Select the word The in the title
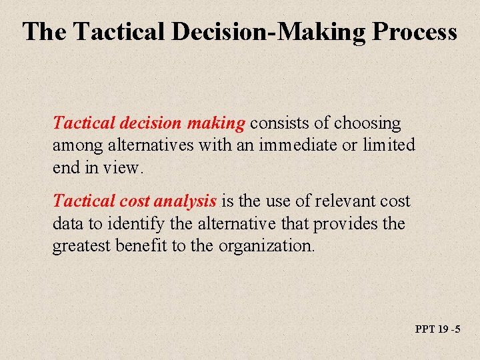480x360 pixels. click(x=45, y=32)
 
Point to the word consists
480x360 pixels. click(x=278, y=123)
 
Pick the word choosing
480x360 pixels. click(x=367, y=123)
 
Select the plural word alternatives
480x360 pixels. click(x=149, y=145)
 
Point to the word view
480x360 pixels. click(x=122, y=167)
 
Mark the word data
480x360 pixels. click(x=67, y=223)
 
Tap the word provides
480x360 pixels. click(x=347, y=223)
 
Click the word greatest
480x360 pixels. click(x=83, y=245)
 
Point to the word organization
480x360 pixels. click(x=263, y=245)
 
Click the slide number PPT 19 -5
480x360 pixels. click(x=437, y=329)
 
